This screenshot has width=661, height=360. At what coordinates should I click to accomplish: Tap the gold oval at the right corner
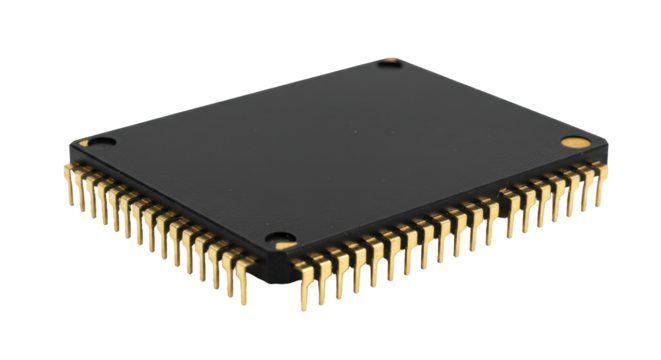(x=571, y=143)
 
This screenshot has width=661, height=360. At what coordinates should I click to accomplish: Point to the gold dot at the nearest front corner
(x=285, y=241)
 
